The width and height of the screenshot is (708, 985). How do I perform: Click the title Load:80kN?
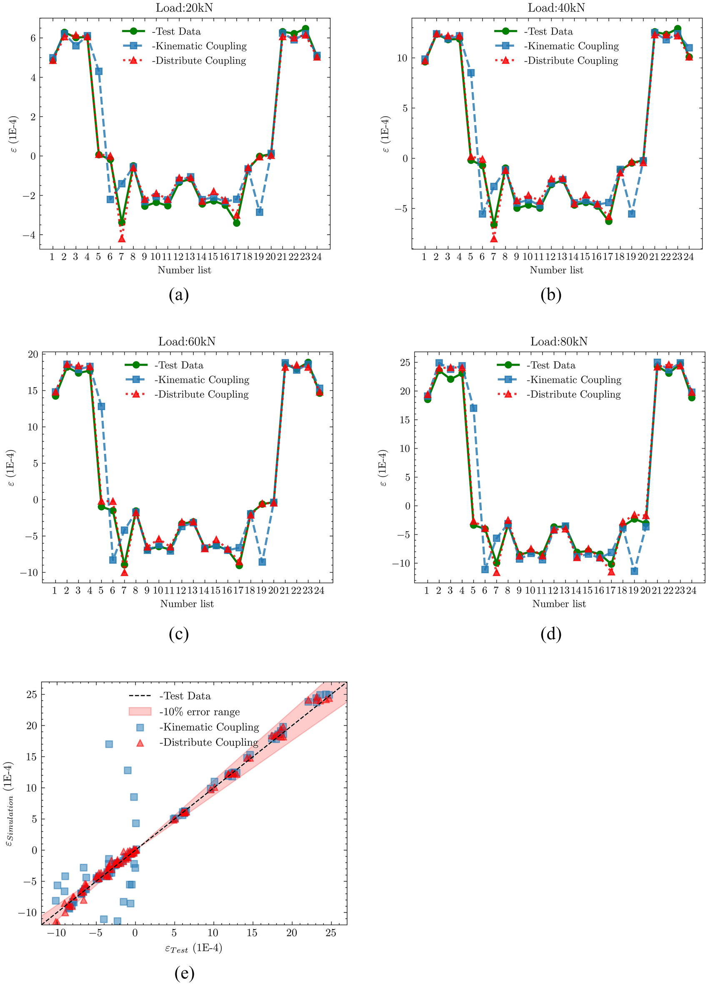click(559, 342)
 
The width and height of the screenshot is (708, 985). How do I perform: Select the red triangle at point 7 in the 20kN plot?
click(122, 238)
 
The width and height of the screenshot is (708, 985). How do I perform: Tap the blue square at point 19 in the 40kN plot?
click(632, 214)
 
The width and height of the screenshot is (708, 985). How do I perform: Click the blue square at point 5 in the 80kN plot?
click(473, 408)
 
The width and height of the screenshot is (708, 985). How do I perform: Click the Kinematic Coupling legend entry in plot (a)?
click(199, 46)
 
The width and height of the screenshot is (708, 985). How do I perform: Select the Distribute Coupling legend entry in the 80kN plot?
click(573, 394)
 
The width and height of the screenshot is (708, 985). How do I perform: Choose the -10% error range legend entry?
click(199, 712)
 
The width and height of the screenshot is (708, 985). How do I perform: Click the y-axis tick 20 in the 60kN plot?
click(33, 354)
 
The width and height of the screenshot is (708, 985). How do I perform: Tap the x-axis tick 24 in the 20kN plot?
click(316, 257)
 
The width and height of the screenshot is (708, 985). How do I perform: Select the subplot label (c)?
click(178, 634)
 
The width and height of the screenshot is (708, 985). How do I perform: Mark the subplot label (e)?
click(184, 973)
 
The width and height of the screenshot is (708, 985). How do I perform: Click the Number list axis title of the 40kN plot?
click(556, 270)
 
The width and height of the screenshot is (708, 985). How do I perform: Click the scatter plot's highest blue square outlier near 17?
click(109, 744)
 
